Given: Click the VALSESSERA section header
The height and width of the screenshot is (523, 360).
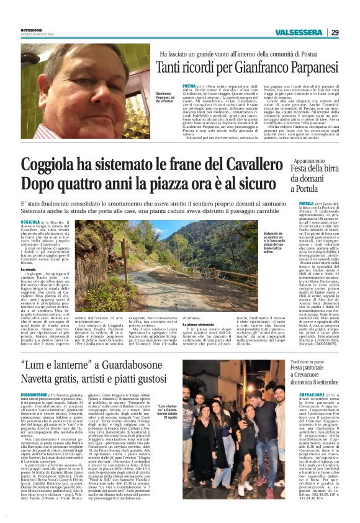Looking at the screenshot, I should tap(299, 32).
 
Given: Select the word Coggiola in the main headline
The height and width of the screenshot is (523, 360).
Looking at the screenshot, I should tap(52, 166).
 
